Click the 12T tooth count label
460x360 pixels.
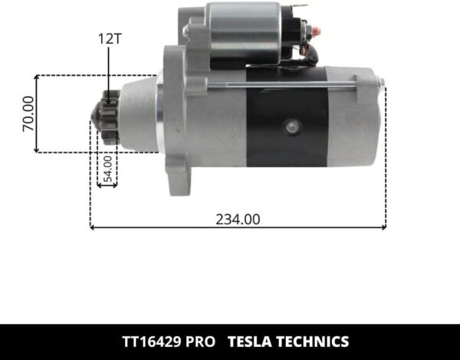(110, 37)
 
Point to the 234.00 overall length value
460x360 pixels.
(238, 219)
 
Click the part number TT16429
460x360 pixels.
(153, 342)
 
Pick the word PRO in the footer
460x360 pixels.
(202, 342)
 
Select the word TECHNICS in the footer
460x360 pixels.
(315, 342)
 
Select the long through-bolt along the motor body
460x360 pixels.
(291, 85)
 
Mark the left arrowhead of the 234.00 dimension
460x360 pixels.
(93, 227)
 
